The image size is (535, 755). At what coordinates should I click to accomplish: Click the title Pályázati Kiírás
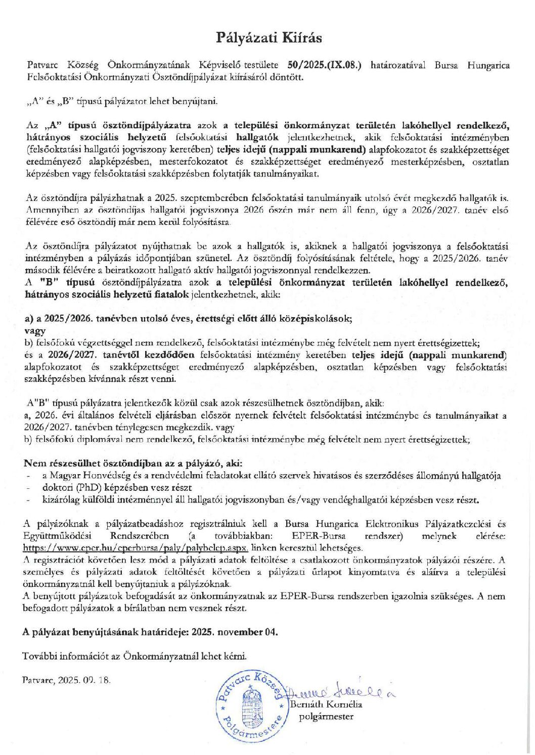click(x=269, y=38)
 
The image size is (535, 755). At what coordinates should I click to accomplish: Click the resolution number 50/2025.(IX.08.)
click(x=324, y=65)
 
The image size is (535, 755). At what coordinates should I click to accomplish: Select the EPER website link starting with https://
click(x=136, y=548)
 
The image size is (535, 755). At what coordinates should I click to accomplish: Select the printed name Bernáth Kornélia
click(x=327, y=704)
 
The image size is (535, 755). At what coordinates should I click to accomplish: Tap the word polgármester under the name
click(x=326, y=716)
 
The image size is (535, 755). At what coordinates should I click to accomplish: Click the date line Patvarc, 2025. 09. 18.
click(x=66, y=680)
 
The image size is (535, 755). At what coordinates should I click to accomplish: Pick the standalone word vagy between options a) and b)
click(x=35, y=331)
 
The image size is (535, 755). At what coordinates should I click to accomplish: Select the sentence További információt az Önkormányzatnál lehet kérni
click(x=135, y=656)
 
